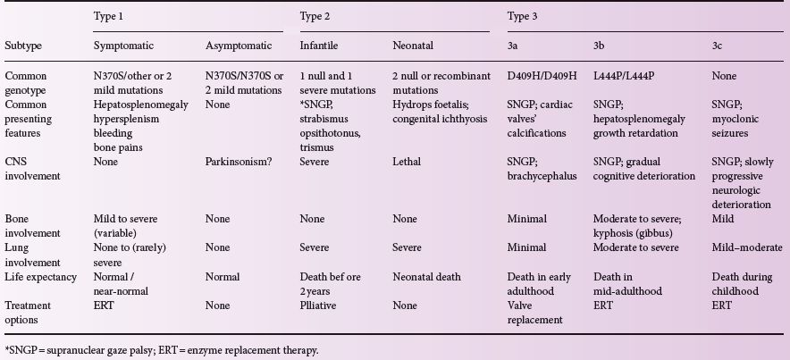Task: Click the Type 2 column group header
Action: [315, 16]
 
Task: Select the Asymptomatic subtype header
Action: [235, 44]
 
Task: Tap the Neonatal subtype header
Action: [415, 44]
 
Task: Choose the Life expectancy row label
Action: [40, 277]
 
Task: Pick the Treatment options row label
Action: [29, 312]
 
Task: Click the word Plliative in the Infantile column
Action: [319, 305]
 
